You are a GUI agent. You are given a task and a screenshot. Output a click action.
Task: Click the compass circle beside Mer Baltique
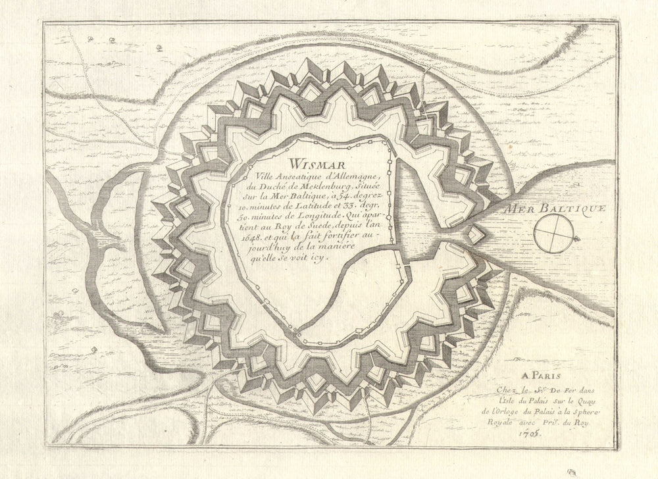pyautogui.click(x=553, y=233)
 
